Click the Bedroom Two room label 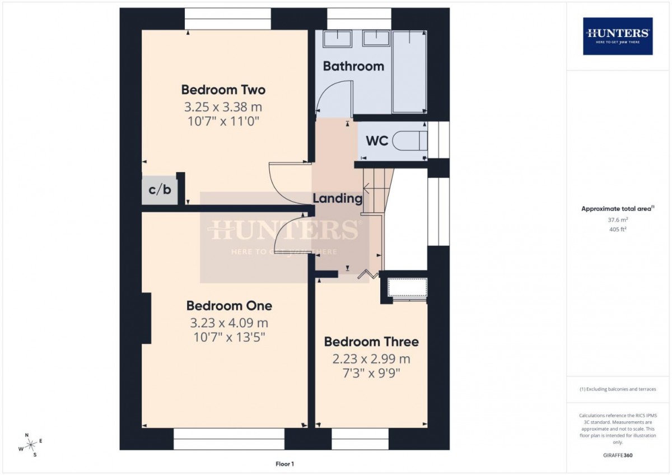(223, 90)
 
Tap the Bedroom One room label (229, 306)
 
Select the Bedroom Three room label (371, 342)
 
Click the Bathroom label (353, 66)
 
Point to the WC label (377, 141)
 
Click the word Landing (337, 198)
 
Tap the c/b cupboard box (159, 189)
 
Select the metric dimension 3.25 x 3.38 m (223, 106)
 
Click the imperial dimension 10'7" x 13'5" (229, 337)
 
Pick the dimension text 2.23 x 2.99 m (371, 358)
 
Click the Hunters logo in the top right (618, 36)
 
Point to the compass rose (31, 445)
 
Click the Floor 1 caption (284, 464)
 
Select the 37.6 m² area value (618, 220)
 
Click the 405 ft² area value (618, 229)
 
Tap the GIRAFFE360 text (618, 455)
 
